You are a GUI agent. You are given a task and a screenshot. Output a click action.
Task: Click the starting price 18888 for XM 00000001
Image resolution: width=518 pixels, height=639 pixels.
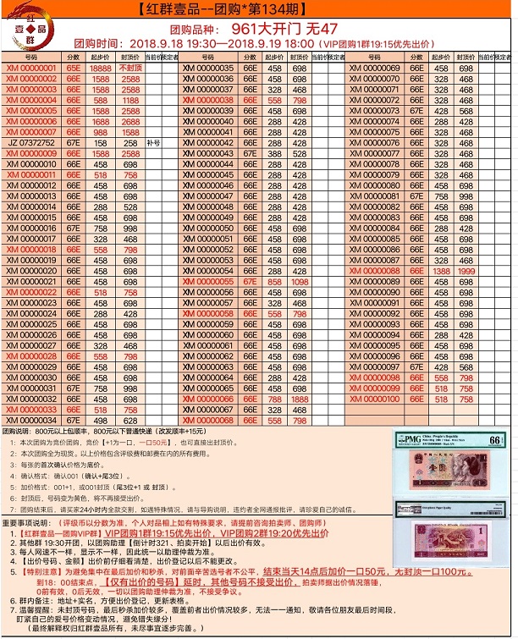(x=101, y=68)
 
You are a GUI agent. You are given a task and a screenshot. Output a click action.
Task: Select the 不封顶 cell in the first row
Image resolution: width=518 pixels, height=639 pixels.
(x=129, y=68)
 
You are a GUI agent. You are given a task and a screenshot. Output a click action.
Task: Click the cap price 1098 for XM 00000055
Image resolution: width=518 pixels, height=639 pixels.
(x=300, y=281)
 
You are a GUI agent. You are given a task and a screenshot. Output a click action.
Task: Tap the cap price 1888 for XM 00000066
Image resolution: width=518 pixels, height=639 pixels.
(x=300, y=398)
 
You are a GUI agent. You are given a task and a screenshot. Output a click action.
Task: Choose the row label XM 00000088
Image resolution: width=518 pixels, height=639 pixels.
(x=374, y=270)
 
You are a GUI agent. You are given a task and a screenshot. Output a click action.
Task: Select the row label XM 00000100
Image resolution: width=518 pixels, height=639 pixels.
(x=374, y=398)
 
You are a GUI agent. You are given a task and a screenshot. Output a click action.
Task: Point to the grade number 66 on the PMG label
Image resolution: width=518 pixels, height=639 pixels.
(x=495, y=438)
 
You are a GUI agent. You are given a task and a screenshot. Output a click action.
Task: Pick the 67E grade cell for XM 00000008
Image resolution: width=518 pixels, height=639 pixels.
(x=73, y=143)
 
